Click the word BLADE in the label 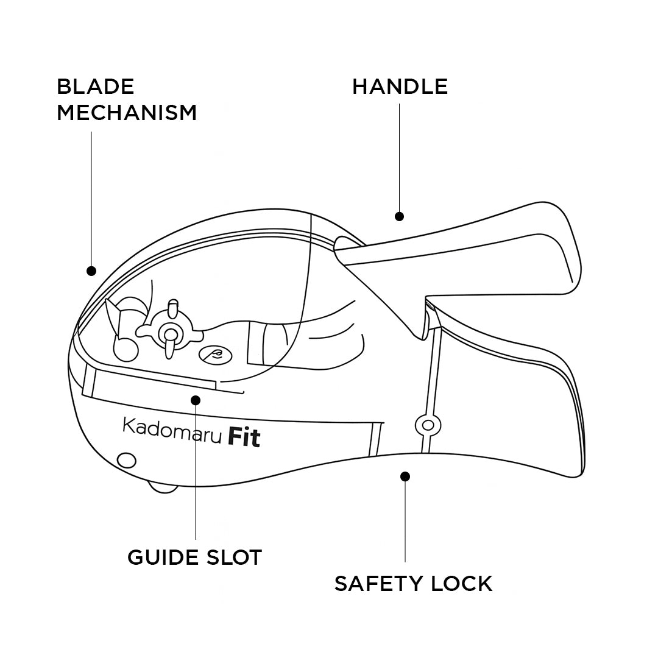click(x=95, y=87)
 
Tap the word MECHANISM click(x=127, y=113)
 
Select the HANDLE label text click(x=400, y=87)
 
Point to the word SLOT click(x=235, y=557)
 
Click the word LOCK click(x=461, y=584)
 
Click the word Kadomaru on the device click(x=172, y=429)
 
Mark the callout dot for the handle click(x=399, y=216)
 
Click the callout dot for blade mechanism click(x=91, y=271)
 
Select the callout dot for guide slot click(x=196, y=400)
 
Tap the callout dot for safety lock click(x=406, y=476)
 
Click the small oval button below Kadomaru click(x=126, y=460)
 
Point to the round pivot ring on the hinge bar click(x=428, y=425)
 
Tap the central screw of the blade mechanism click(x=169, y=333)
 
